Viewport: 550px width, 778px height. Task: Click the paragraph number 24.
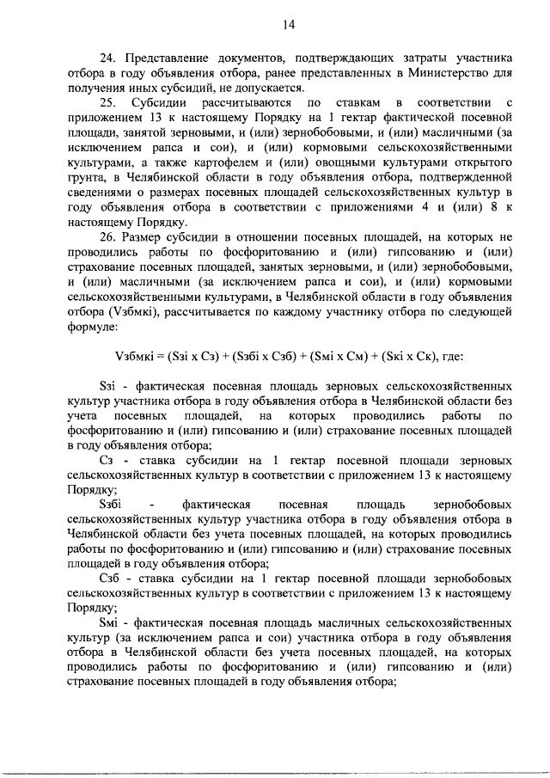click(107, 58)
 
